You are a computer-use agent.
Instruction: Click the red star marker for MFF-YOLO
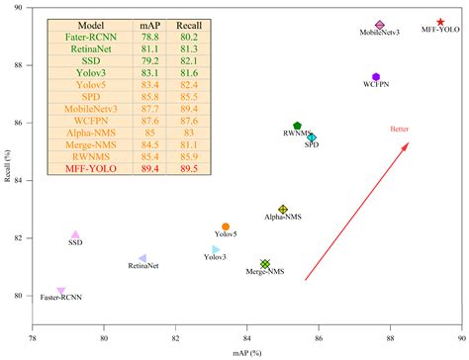[x=440, y=22]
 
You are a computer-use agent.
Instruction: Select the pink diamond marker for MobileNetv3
[x=380, y=25]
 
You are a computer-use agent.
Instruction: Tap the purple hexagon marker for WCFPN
[x=376, y=76]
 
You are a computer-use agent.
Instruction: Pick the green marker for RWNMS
[x=297, y=126]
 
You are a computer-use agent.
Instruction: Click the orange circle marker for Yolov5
[x=226, y=226]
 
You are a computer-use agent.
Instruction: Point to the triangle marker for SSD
[x=75, y=234]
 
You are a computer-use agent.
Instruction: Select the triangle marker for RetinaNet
[x=142, y=258]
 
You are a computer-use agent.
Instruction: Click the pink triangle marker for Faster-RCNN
[x=61, y=291]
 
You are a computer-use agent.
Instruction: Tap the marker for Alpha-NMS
[x=283, y=210]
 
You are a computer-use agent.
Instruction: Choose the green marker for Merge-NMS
[x=265, y=263]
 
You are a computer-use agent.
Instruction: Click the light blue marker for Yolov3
[x=216, y=249]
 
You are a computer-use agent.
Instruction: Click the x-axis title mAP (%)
[x=246, y=351]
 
